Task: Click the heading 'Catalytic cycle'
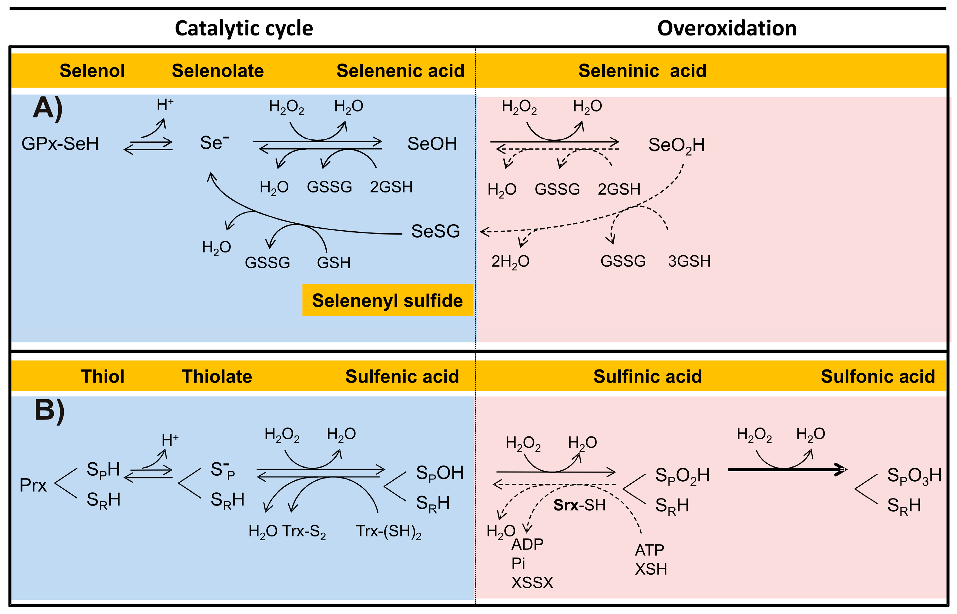click(x=244, y=29)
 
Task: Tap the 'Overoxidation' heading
click(x=727, y=29)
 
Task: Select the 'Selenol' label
click(x=92, y=71)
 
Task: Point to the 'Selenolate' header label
click(x=218, y=71)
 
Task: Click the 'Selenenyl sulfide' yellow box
click(x=387, y=300)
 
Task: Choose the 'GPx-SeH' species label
click(x=60, y=144)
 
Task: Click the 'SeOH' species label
click(x=432, y=144)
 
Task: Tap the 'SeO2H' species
click(x=676, y=145)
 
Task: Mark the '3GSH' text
click(x=689, y=261)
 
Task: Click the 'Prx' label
click(x=33, y=485)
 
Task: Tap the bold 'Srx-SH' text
click(x=579, y=505)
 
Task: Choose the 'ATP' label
click(x=650, y=550)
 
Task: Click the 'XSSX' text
click(x=532, y=583)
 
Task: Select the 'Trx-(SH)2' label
click(x=388, y=532)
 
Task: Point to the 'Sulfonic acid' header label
click(x=878, y=376)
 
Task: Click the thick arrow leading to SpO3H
click(x=786, y=470)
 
